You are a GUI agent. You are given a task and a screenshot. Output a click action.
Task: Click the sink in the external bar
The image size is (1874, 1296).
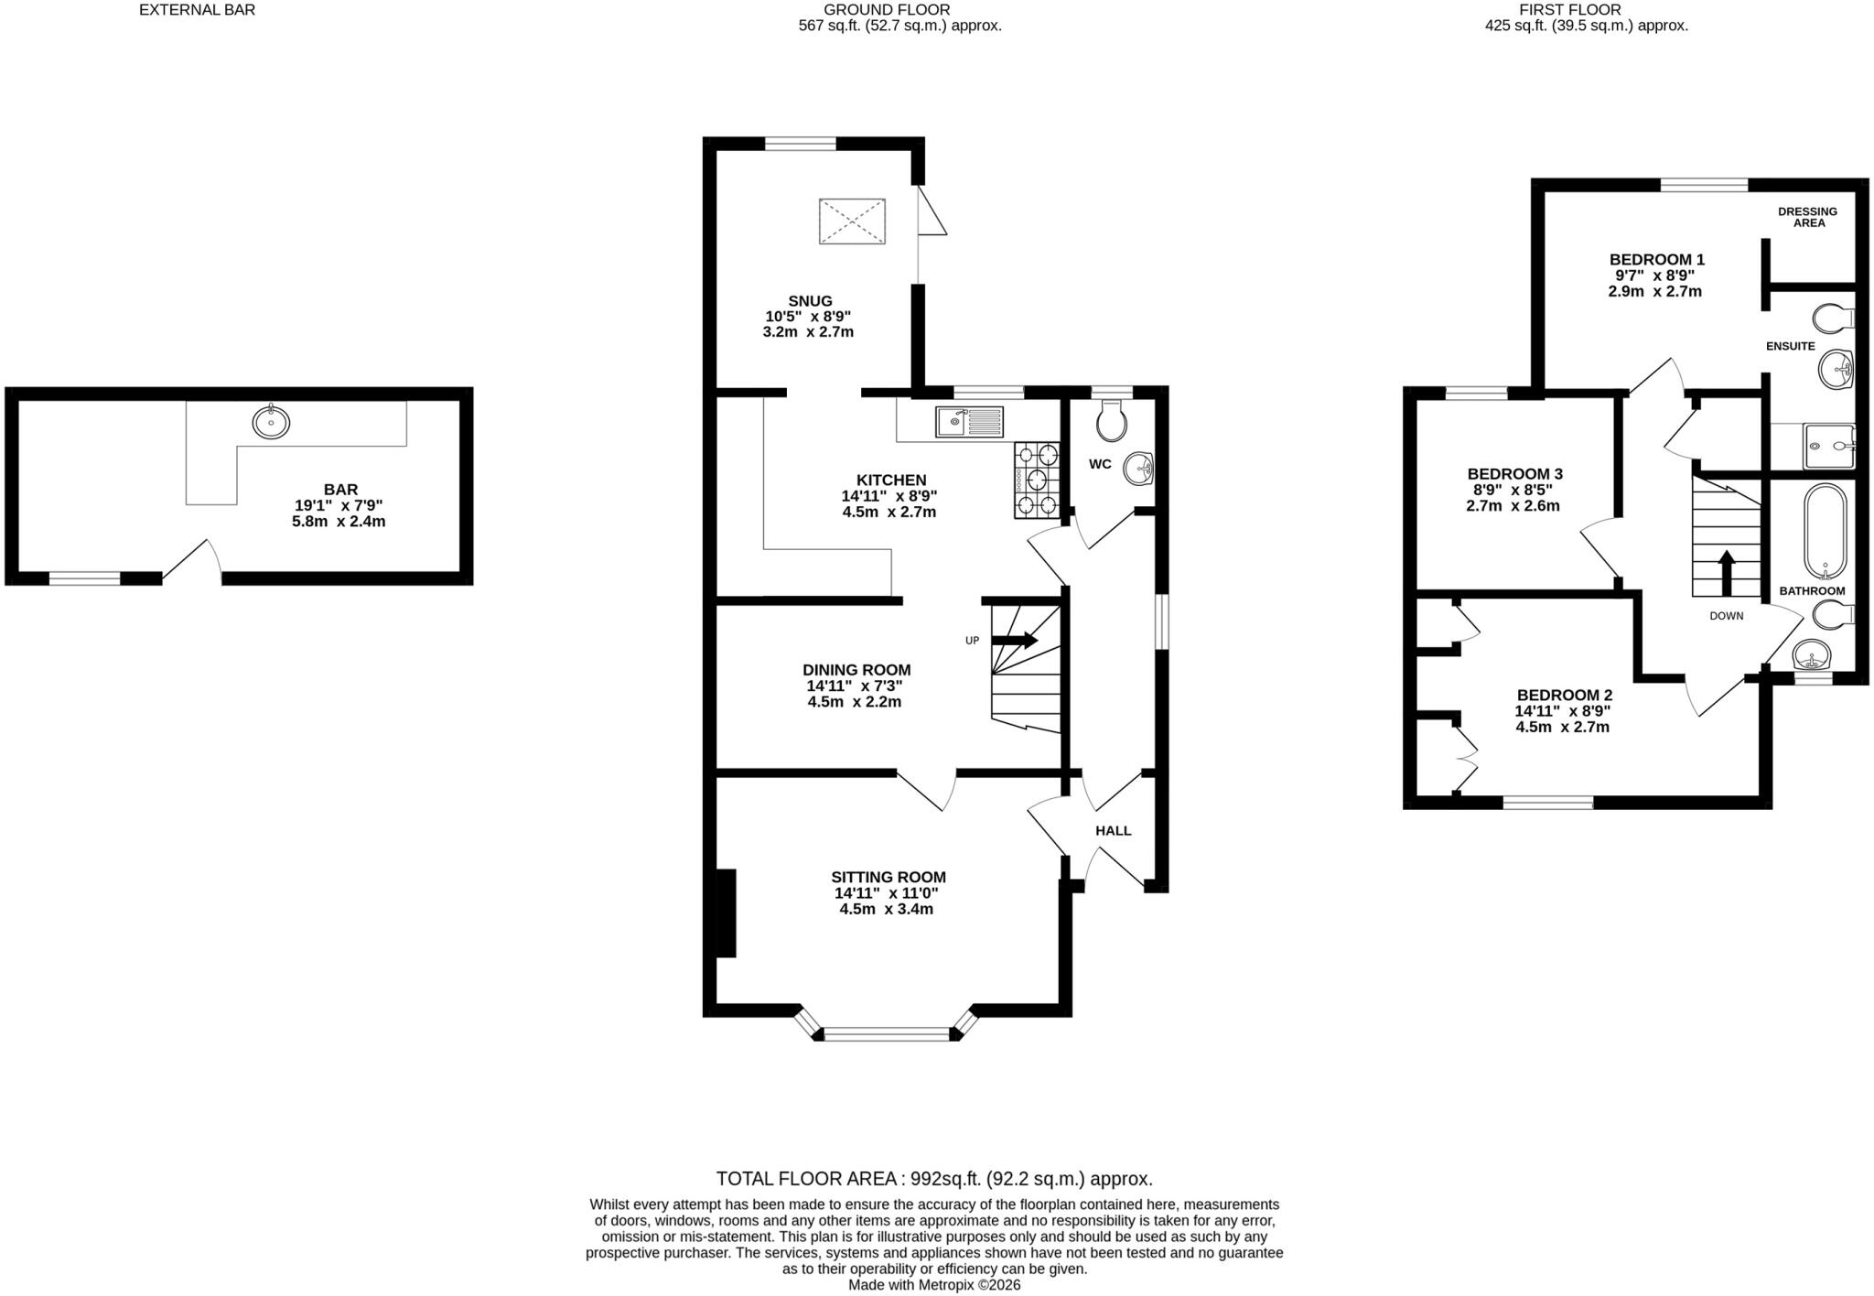click(x=271, y=422)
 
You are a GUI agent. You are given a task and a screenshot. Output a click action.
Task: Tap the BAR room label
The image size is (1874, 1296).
click(x=340, y=490)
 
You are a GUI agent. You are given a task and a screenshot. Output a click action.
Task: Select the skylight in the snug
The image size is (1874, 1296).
click(x=852, y=221)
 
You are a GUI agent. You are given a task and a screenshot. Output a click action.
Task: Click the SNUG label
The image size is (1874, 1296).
click(x=810, y=301)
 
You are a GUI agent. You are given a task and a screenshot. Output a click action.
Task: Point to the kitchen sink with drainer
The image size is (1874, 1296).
click(x=969, y=422)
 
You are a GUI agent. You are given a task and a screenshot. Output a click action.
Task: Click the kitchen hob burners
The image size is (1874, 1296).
click(x=1037, y=480)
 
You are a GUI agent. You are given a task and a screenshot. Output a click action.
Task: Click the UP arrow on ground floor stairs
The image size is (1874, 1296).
click(x=1015, y=641)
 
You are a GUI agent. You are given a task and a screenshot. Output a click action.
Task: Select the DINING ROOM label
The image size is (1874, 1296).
click(x=856, y=670)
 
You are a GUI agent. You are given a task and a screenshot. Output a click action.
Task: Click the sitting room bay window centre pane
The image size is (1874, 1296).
click(x=888, y=1034)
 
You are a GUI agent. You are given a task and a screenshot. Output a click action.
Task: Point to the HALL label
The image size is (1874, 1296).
click(x=1114, y=831)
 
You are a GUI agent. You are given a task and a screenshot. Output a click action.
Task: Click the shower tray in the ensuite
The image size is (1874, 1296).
click(x=1829, y=447)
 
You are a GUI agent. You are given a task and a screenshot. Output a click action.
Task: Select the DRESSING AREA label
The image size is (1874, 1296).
click(x=1807, y=217)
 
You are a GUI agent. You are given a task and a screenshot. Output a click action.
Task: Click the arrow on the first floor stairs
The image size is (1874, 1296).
click(x=1726, y=574)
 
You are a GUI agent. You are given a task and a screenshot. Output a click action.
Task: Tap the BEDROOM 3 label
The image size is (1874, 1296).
click(x=1514, y=474)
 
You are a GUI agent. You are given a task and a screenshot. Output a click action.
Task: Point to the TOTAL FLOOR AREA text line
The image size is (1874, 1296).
click(x=934, y=1179)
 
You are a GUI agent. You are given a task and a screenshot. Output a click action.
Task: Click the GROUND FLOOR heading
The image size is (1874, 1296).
click(x=874, y=10)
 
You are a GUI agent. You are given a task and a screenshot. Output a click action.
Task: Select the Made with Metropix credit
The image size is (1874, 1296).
click(x=934, y=1285)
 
